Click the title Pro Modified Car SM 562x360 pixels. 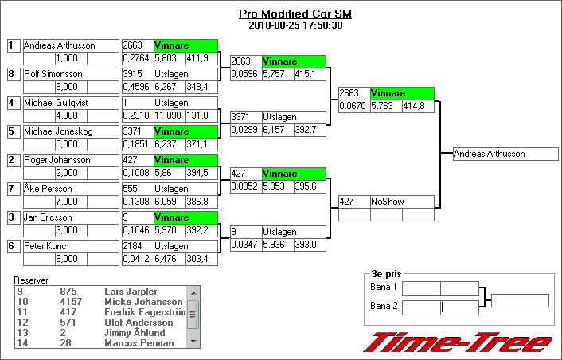click(295, 14)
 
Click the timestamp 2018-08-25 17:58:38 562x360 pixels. click(295, 25)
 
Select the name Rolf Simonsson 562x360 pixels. click(53, 74)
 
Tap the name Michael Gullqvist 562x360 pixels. click(56, 103)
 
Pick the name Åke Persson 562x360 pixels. click(48, 189)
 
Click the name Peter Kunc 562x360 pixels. click(45, 246)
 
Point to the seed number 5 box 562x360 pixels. click(14, 131)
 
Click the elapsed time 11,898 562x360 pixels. click(170, 115)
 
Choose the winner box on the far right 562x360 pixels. click(505, 154)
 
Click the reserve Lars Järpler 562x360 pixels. click(131, 292)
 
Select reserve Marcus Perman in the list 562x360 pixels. click(139, 343)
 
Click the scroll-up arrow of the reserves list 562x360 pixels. click(193, 293)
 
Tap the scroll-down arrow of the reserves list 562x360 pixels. click(193, 342)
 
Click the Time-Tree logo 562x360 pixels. click(458, 342)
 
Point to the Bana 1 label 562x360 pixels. click(384, 287)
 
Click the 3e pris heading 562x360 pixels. click(386, 274)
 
